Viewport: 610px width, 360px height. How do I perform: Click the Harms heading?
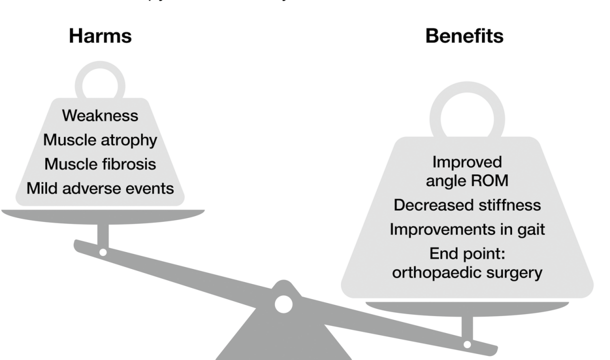(x=100, y=36)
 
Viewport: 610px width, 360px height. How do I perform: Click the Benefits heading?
(x=464, y=36)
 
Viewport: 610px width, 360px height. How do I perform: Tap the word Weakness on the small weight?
(x=100, y=115)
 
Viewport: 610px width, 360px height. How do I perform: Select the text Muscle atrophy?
(x=100, y=140)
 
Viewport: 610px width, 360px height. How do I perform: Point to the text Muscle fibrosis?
(x=100, y=164)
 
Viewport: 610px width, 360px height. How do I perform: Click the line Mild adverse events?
(x=100, y=188)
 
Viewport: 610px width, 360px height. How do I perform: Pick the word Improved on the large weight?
(x=466, y=162)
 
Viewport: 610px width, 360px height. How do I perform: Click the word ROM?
(x=490, y=180)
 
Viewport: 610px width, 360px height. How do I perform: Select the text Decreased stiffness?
(x=467, y=205)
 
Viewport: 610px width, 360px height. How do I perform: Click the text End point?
(x=467, y=254)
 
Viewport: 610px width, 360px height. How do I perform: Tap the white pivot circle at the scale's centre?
(x=283, y=304)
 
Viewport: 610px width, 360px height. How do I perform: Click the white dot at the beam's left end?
(x=102, y=252)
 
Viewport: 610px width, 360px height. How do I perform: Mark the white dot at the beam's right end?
(x=467, y=344)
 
